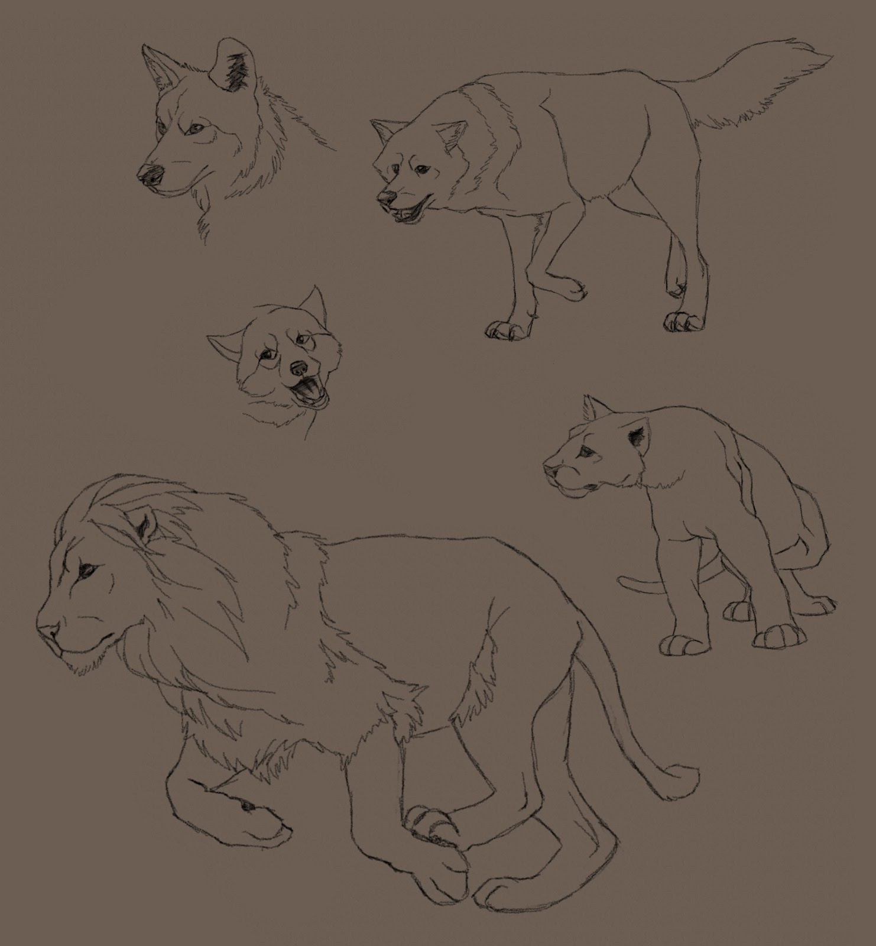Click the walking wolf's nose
384,196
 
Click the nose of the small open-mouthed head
299,369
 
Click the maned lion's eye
90,569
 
